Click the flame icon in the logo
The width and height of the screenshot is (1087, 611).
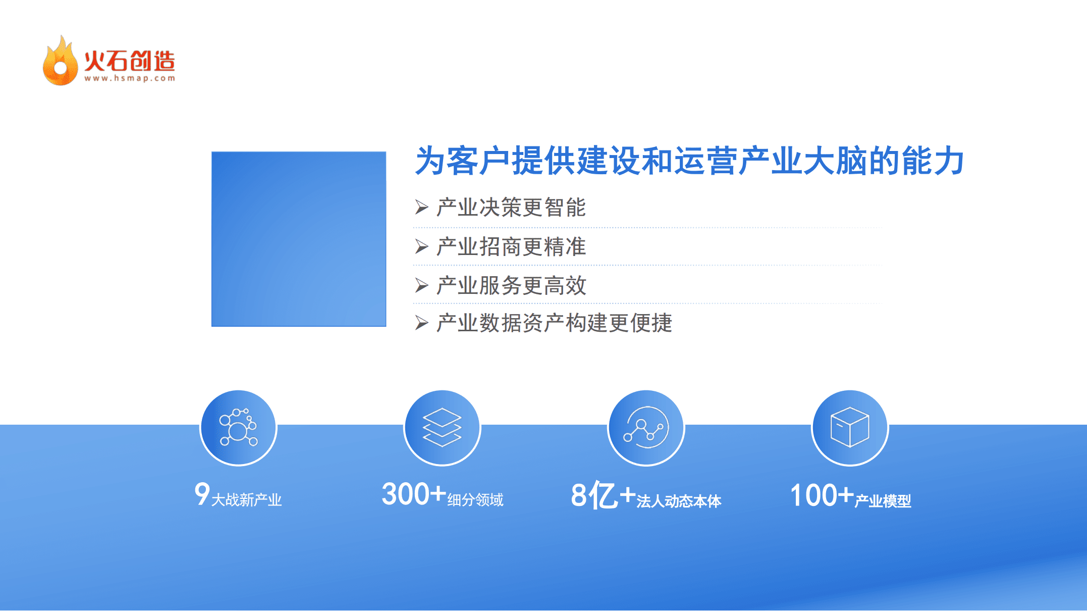point(60,62)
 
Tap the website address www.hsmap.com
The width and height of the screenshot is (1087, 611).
point(130,78)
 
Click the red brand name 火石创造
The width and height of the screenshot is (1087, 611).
point(130,61)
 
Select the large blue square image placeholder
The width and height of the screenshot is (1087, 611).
point(299,239)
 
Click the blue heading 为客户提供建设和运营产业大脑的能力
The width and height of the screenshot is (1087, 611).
point(689,161)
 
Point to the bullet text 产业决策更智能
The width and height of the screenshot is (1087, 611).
point(511,208)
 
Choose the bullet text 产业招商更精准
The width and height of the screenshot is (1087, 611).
point(511,247)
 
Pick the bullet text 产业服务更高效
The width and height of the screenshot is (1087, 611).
point(511,285)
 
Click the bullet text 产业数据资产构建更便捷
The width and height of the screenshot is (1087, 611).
point(554,323)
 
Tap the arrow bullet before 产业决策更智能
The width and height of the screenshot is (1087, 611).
point(421,207)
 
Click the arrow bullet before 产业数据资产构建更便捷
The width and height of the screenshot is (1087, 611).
point(421,323)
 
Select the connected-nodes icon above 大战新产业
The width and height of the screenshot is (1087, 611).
point(238,428)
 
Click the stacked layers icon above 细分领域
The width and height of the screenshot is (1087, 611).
point(442,428)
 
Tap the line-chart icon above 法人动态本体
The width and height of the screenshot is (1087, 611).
point(646,428)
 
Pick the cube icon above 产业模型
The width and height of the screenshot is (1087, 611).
point(850,428)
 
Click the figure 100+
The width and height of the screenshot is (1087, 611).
point(822,495)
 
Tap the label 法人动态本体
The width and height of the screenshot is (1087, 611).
point(679,501)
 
